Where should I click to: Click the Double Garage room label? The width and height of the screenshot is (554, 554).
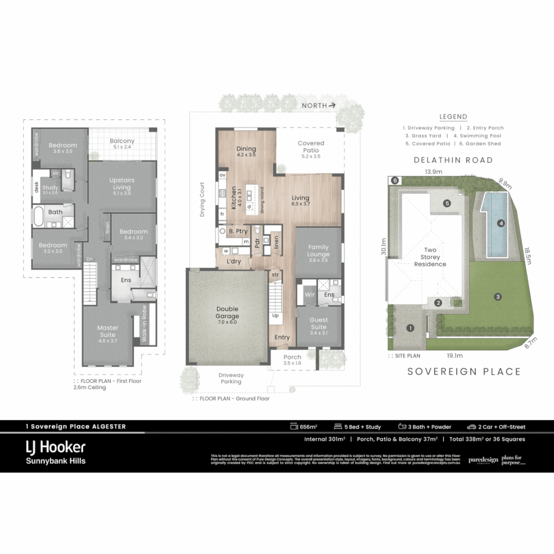click(x=227, y=312)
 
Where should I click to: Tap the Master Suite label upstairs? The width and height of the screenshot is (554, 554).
click(x=108, y=331)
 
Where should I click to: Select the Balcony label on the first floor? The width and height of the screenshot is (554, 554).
click(x=122, y=144)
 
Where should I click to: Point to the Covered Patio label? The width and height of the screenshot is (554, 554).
click(x=311, y=147)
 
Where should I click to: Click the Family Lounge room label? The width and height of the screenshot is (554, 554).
click(x=318, y=250)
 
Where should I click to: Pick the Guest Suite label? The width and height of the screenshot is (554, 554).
click(x=318, y=323)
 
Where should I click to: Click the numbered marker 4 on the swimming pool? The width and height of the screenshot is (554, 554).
click(x=501, y=223)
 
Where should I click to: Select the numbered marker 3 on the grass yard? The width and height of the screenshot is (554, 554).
click(x=497, y=296)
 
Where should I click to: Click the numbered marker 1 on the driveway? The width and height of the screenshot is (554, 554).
click(x=410, y=328)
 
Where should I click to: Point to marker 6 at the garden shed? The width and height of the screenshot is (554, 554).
click(x=394, y=181)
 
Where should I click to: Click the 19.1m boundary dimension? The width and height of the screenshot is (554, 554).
click(x=454, y=355)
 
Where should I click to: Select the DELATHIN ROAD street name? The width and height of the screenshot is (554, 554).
click(x=453, y=160)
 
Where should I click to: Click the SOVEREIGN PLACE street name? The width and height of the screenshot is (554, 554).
click(x=464, y=371)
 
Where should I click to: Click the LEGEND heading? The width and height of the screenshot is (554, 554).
click(x=453, y=117)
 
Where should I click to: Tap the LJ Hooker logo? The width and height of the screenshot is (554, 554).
click(x=55, y=447)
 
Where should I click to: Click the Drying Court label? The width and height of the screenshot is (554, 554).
click(x=202, y=199)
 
